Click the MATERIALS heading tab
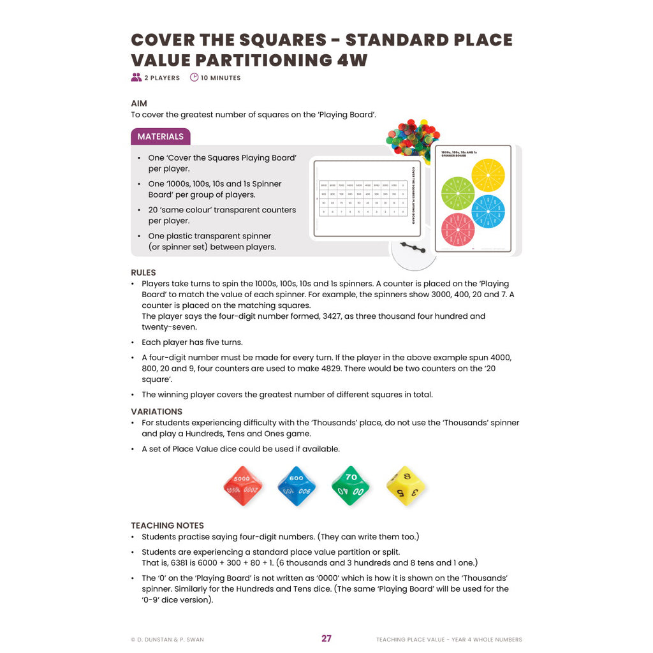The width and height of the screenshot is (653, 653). [161, 136]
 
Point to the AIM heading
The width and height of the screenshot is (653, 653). [139, 103]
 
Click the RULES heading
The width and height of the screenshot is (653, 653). [143, 272]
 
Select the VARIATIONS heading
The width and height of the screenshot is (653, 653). [157, 411]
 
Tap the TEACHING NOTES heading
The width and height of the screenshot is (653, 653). [168, 525]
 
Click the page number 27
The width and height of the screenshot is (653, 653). [326, 638]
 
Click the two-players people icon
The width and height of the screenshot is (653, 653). [136, 78]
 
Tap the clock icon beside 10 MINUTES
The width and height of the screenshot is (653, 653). [194, 78]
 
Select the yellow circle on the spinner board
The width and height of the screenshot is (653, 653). [488, 175]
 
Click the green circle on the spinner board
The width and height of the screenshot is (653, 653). [458, 193]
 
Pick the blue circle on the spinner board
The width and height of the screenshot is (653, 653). [488, 211]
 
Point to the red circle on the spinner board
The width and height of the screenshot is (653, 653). [458, 230]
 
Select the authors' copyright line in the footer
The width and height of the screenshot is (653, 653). [167, 639]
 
